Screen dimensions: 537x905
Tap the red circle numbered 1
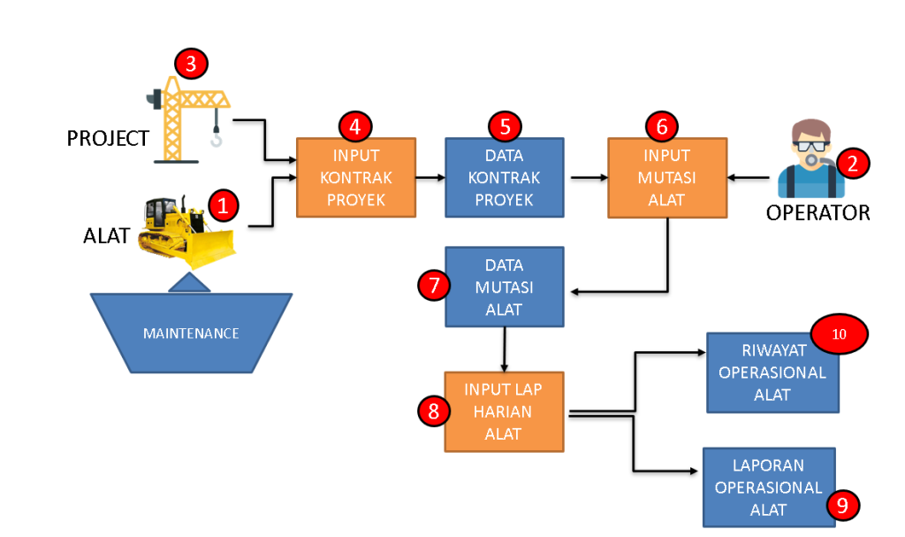tap(223, 206)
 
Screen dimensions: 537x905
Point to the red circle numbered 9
tap(842, 504)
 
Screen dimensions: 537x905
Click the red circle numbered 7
tap(433, 286)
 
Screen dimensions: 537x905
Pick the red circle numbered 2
tap(853, 163)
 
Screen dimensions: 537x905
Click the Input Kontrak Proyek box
tap(355, 177)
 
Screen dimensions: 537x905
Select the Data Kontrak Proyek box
tap(505, 177)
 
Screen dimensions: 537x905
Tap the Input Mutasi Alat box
tap(667, 177)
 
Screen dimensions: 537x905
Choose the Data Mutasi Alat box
tap(505, 287)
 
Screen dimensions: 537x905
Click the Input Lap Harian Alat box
tap(505, 411)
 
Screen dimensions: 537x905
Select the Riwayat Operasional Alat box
tap(772, 372)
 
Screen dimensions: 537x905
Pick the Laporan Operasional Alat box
tap(769, 487)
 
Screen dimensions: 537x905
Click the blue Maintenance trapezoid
tap(191, 334)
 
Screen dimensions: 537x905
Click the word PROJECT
tap(108, 139)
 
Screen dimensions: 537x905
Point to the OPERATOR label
tap(818, 212)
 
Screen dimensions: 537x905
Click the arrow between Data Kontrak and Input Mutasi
tap(589, 177)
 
